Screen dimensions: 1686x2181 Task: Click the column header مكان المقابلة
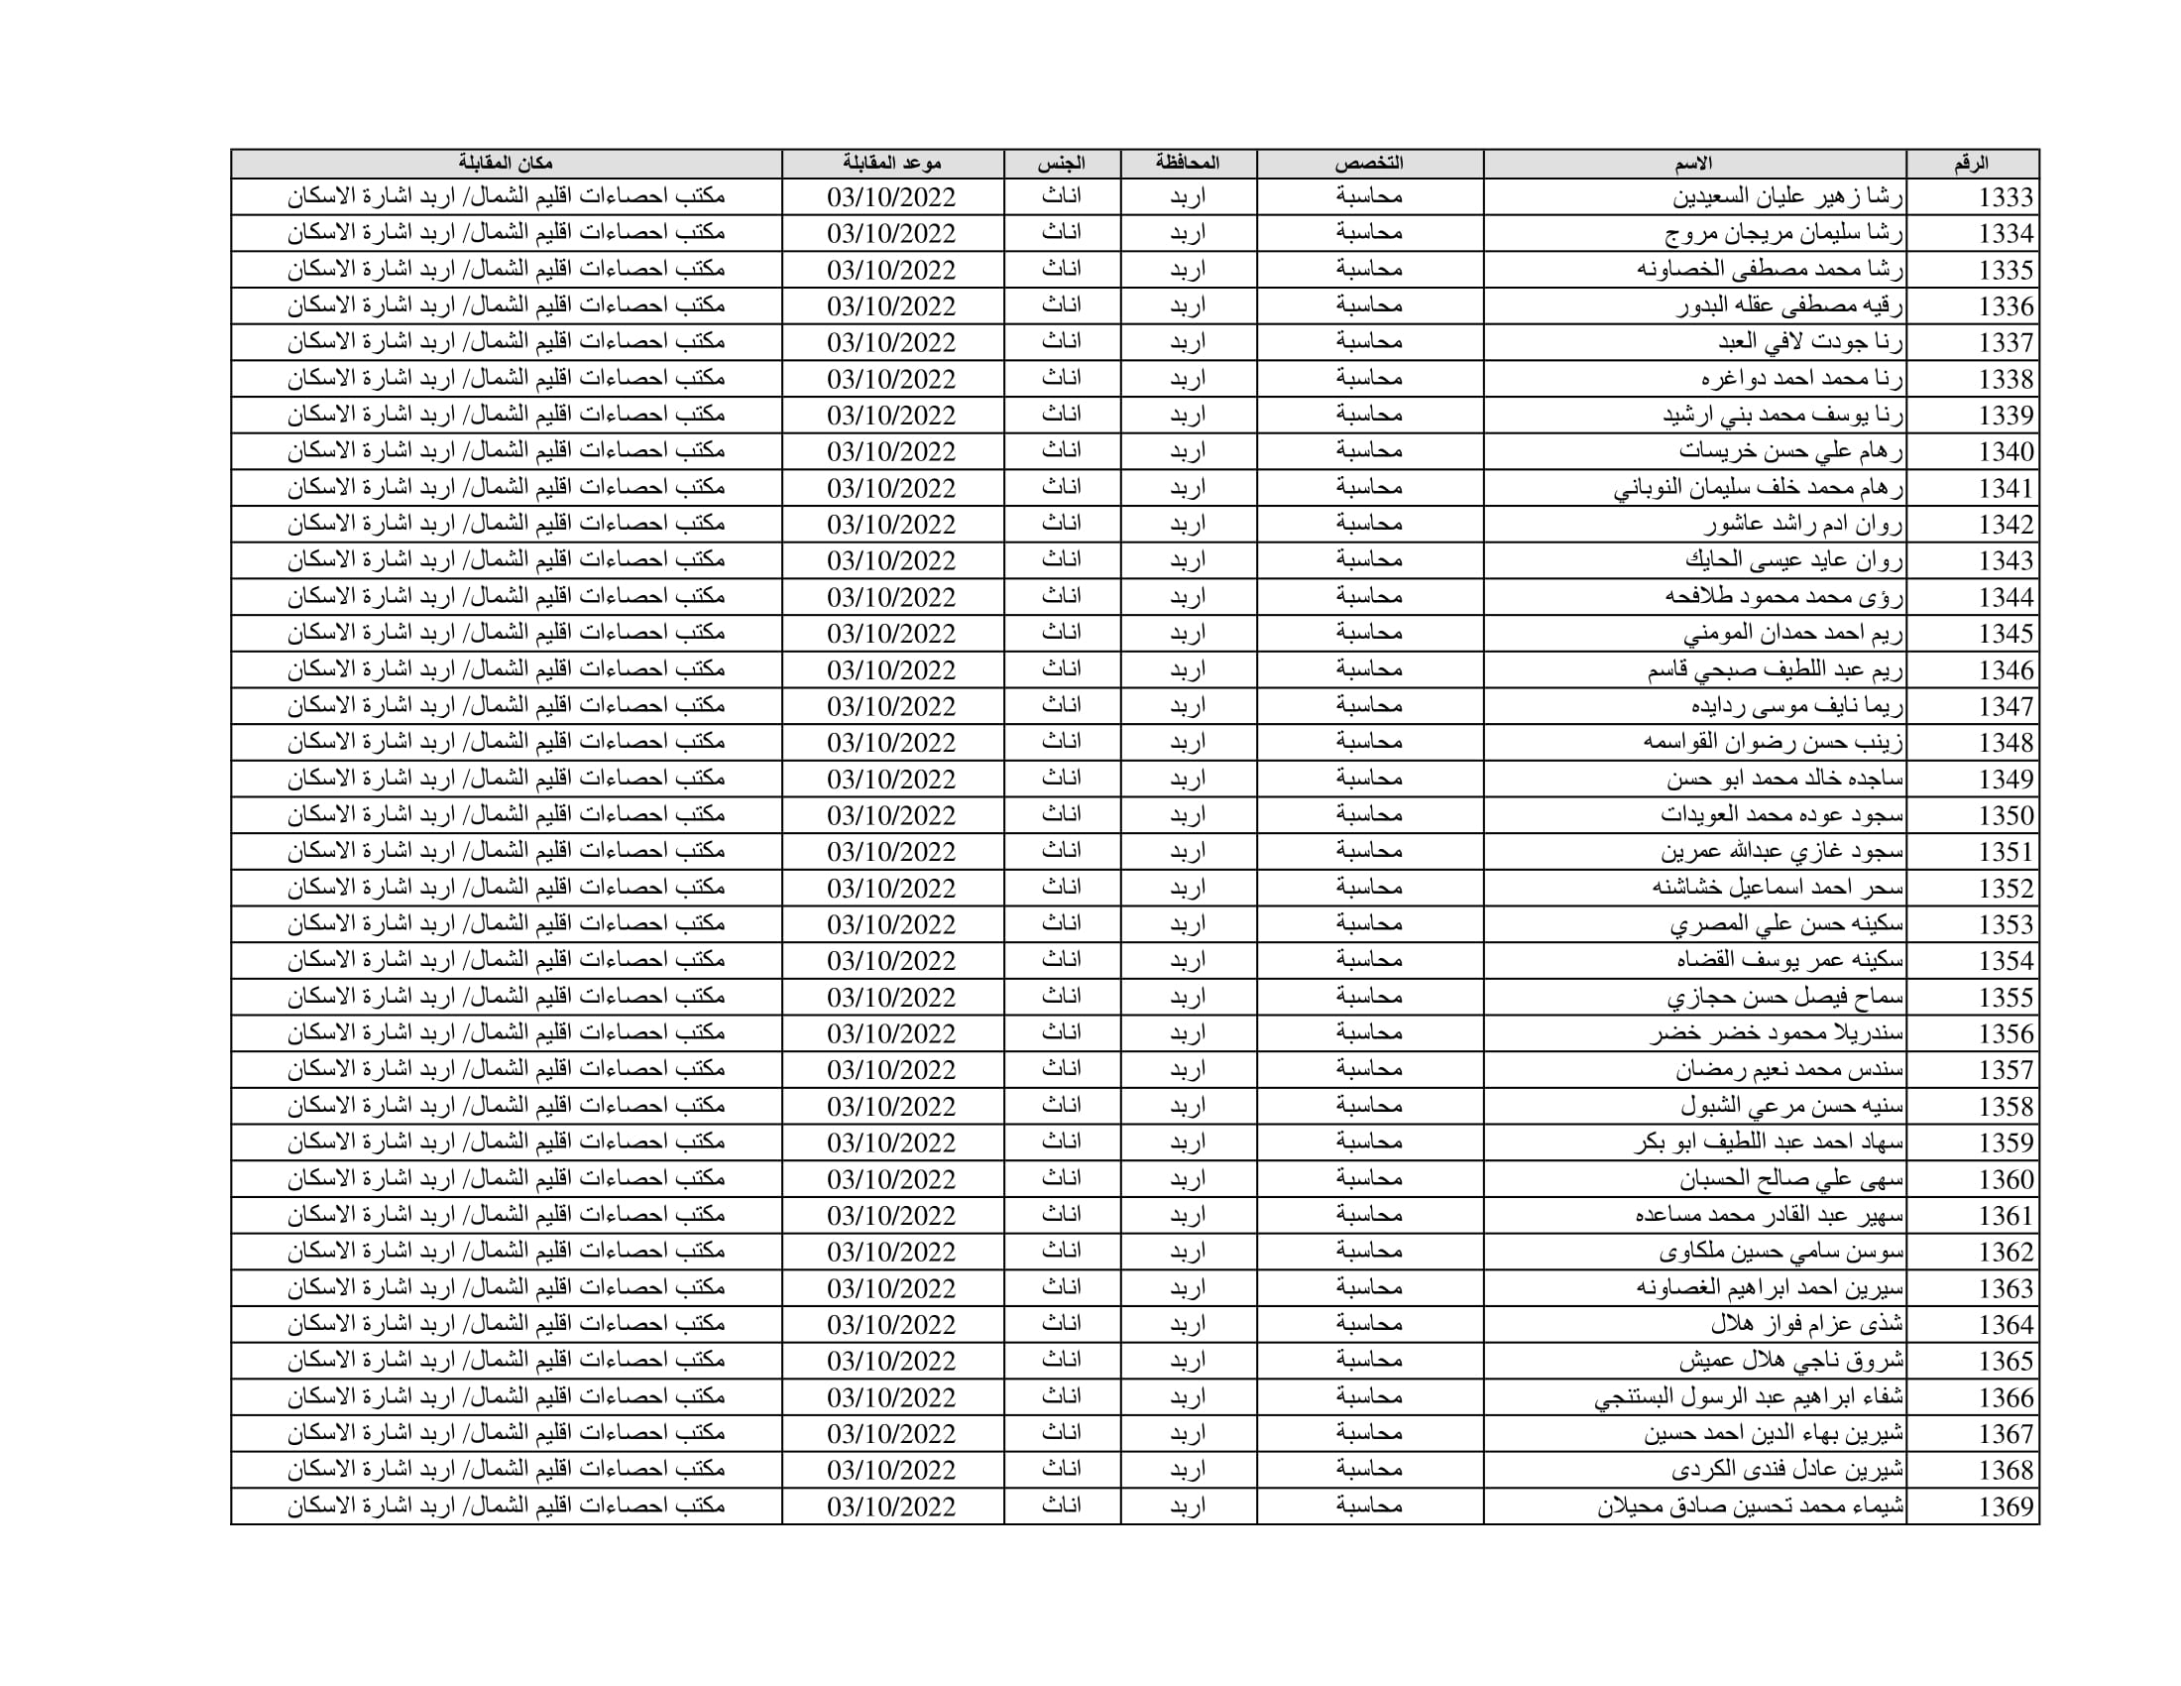point(506,164)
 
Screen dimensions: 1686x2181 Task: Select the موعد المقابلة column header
point(892,164)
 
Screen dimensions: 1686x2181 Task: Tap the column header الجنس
point(1062,164)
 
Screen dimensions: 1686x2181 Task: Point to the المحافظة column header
point(1188,164)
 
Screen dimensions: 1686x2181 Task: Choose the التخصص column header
point(1369,164)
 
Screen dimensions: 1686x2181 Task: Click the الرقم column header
point(1971,164)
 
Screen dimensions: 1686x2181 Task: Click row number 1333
point(2006,197)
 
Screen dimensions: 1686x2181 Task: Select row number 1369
point(2006,1506)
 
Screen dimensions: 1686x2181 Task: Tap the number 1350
point(2006,816)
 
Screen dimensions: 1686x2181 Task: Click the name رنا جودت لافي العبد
point(1810,342)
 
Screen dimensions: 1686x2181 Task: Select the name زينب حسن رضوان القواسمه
point(1773,743)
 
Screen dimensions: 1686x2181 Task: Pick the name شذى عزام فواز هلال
point(1806,1324)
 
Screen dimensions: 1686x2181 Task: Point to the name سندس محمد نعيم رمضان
point(1789,1070)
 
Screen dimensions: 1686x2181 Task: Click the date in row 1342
point(892,525)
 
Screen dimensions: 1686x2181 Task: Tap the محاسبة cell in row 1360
point(1369,1178)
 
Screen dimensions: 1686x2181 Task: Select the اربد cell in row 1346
point(1188,669)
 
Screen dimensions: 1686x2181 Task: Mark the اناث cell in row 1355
point(1062,997)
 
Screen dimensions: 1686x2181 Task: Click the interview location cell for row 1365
point(506,1361)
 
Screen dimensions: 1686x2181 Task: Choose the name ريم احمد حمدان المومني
point(1793,634)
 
